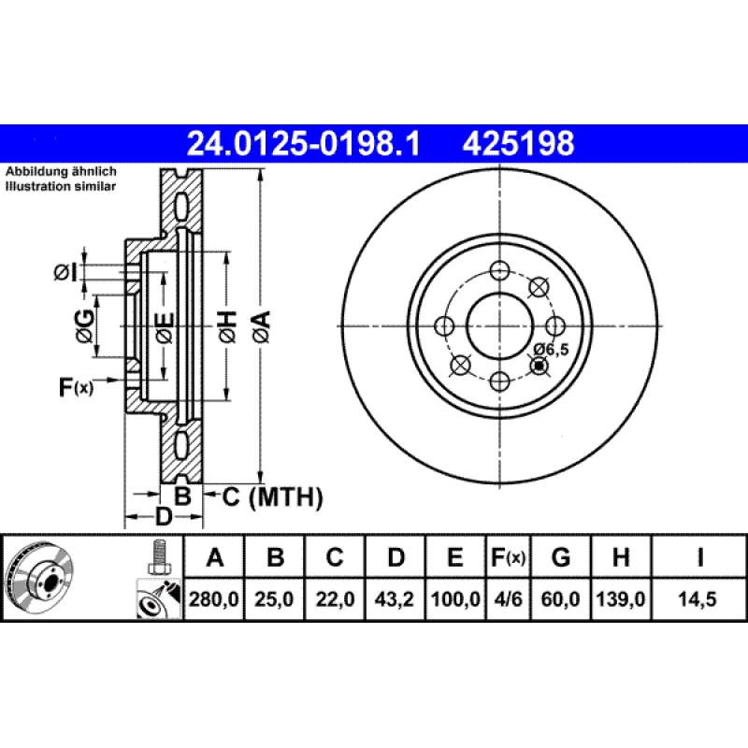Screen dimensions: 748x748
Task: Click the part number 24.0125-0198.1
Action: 305,144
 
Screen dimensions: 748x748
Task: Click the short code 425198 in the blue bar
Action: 516,144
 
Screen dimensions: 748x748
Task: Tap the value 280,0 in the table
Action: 215,599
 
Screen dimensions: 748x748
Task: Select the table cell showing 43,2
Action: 396,599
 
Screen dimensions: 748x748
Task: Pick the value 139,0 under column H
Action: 620,599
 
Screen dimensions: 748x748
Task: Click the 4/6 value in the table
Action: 509,599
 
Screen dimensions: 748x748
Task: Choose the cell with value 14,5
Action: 699,599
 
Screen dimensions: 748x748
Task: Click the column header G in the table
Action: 561,558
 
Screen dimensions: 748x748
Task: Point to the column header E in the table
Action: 455,558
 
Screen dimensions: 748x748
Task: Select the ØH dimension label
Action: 227,324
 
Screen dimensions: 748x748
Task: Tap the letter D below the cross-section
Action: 163,516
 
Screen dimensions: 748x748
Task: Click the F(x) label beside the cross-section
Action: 76,386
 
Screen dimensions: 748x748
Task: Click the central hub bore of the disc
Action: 499,325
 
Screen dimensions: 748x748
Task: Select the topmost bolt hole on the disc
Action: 499,270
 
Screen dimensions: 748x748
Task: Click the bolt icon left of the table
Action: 158,558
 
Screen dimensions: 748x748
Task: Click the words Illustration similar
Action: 61,187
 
